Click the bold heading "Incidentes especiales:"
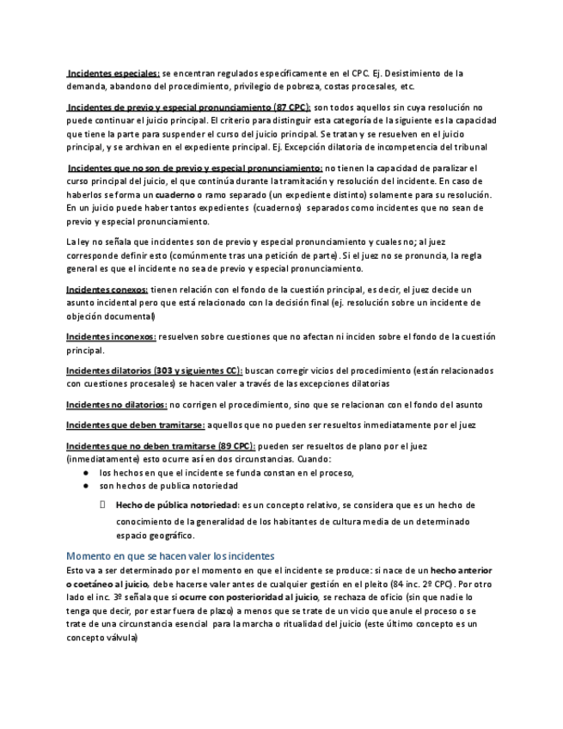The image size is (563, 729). pos(113,73)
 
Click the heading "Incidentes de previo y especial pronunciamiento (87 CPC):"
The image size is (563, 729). pos(189,107)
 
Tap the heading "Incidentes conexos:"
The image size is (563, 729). pos(107,290)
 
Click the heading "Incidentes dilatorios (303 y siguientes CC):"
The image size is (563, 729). pos(155,371)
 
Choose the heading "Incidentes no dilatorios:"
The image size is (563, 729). pos(117,404)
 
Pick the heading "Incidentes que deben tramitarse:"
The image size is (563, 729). pos(136,425)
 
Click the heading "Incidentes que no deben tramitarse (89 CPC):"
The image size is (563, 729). pos(161,446)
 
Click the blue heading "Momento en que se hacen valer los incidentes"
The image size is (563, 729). pos(170,555)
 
